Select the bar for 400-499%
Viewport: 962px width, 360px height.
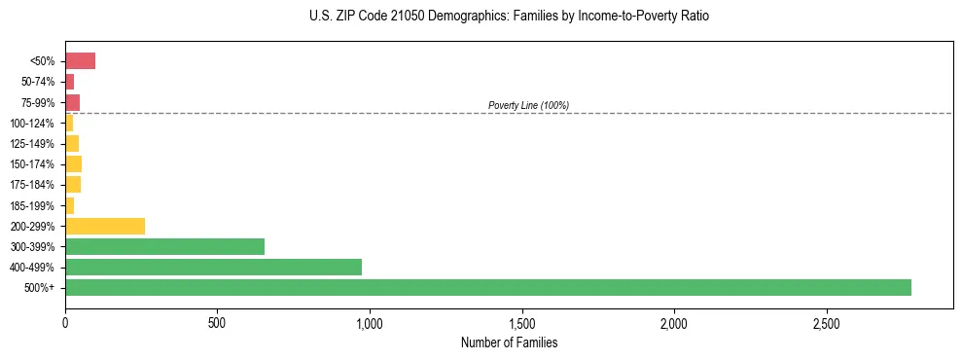[213, 267]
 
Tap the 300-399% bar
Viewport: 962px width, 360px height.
[164, 246]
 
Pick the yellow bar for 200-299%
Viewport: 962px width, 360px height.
[105, 226]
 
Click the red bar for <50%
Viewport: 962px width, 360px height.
[80, 61]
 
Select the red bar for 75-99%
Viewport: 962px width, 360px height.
[72, 102]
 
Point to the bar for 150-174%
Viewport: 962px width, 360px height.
[73, 163]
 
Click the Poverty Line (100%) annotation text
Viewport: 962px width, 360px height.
[528, 105]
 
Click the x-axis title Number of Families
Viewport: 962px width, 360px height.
[509, 342]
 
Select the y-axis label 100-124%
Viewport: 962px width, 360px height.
[32, 124]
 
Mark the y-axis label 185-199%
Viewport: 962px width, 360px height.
[32, 205]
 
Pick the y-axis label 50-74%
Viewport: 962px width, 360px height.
[35, 82]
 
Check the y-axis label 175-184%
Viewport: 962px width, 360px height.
[32, 185]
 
